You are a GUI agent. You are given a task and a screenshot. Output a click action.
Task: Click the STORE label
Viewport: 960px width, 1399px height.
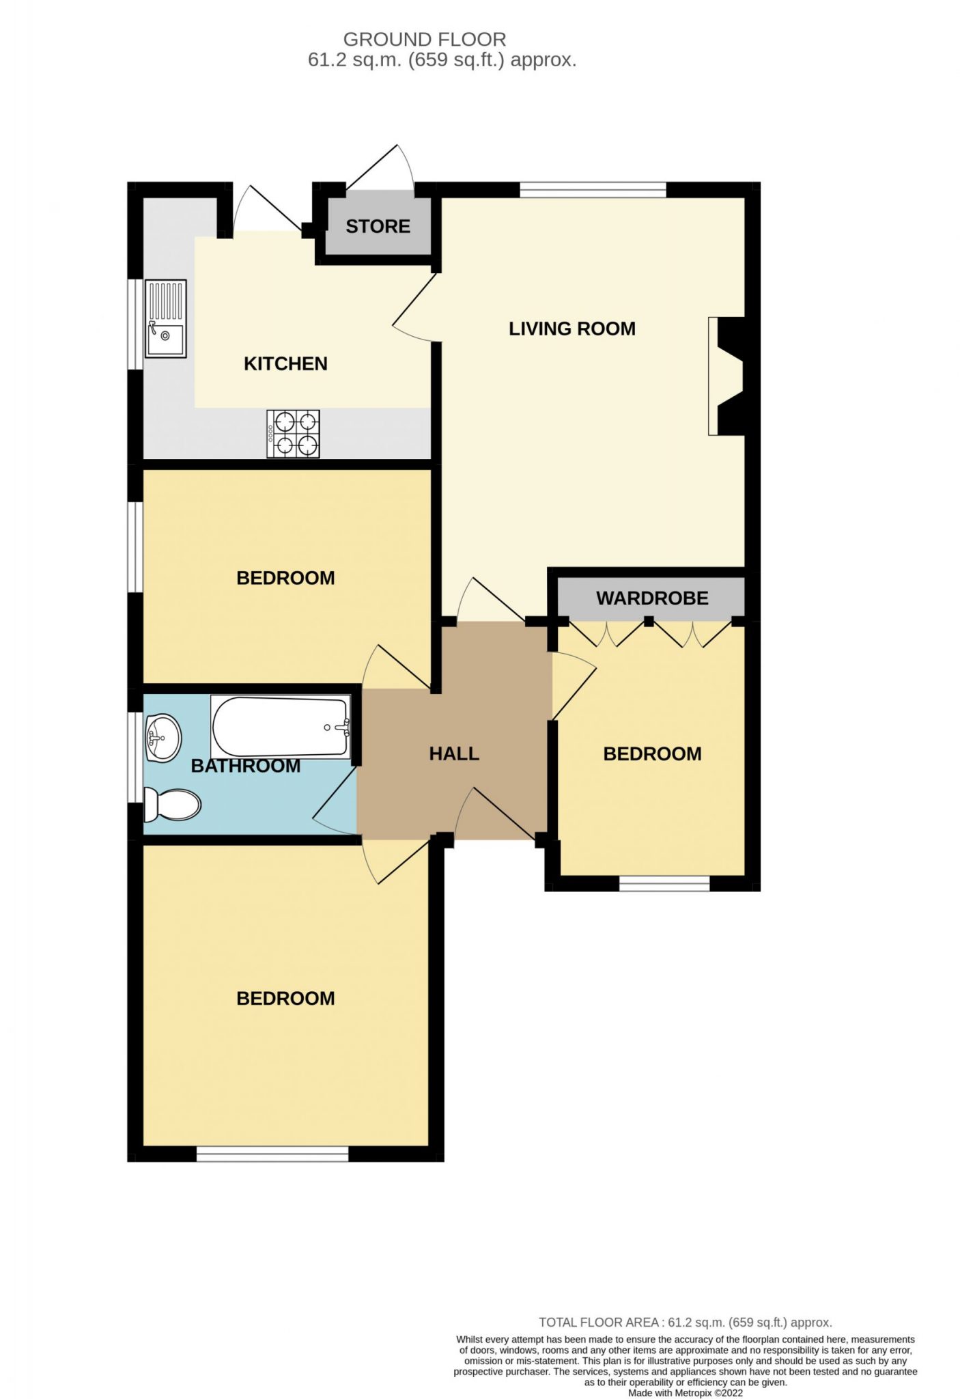[378, 226]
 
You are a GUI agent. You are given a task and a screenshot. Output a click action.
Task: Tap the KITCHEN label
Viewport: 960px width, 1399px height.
[285, 363]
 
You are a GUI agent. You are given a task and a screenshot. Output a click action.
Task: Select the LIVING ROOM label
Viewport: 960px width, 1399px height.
[572, 329]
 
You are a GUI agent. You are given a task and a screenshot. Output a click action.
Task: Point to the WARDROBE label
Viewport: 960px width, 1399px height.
[652, 598]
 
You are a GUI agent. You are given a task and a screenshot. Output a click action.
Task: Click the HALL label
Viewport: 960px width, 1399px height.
[454, 753]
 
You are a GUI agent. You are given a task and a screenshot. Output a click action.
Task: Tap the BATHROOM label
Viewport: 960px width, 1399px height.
[246, 766]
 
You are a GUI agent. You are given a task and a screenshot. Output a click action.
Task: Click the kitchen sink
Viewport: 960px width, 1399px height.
[165, 318]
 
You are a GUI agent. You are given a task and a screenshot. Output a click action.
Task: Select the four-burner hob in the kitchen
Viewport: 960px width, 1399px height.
[294, 433]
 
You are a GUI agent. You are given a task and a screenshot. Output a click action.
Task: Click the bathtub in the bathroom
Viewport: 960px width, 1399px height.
[281, 727]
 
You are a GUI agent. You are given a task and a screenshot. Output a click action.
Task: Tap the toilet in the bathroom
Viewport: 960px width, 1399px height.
[173, 804]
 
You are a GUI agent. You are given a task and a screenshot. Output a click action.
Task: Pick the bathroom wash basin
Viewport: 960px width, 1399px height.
[163, 738]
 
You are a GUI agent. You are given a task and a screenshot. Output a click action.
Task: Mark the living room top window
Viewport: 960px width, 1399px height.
[593, 190]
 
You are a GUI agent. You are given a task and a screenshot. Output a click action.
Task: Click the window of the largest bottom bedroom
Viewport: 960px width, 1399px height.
[272, 1154]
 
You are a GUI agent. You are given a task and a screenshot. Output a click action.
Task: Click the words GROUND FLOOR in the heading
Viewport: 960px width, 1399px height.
[425, 39]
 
